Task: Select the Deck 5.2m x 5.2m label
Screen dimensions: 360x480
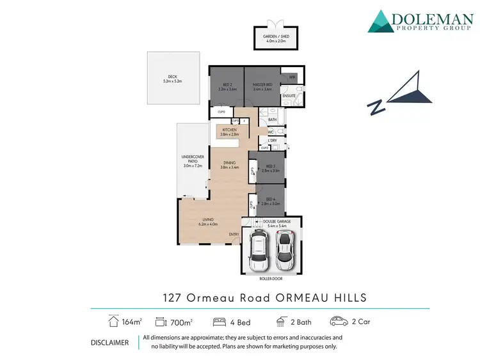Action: (173, 80)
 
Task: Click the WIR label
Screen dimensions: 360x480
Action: (292, 77)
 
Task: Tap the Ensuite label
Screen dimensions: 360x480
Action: (289, 95)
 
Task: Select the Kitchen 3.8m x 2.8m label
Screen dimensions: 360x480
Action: (229, 132)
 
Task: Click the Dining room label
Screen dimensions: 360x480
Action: (228, 165)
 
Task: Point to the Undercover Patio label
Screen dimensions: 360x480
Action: (192, 161)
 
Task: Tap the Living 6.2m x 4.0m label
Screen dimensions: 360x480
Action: (208, 222)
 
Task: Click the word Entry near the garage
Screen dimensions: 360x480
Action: (234, 234)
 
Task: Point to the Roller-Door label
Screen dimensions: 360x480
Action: (271, 279)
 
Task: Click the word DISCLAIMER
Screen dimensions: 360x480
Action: (110, 342)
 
